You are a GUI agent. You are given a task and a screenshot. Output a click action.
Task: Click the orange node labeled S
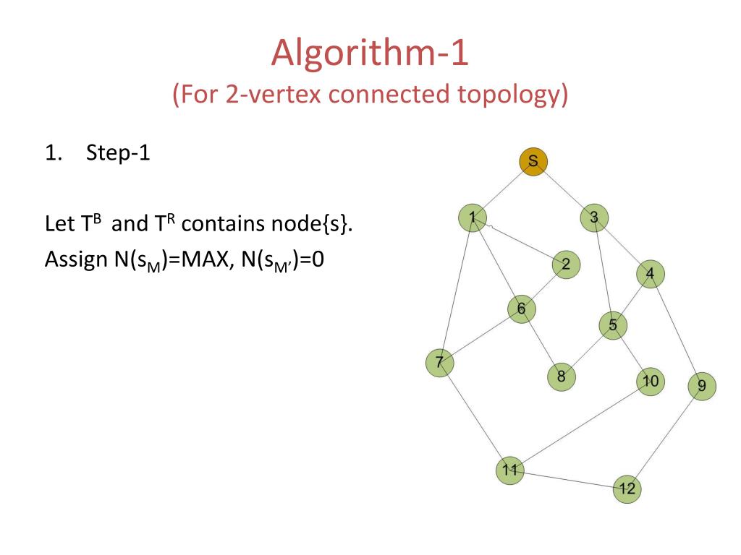533,162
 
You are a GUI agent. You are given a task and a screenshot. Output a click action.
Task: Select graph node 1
473,218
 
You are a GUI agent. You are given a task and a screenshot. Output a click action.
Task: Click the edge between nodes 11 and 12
568,480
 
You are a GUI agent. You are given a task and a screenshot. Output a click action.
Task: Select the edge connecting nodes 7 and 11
474,416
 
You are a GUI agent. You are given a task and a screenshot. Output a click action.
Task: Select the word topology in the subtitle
513,95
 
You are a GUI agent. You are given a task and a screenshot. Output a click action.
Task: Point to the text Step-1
118,153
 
